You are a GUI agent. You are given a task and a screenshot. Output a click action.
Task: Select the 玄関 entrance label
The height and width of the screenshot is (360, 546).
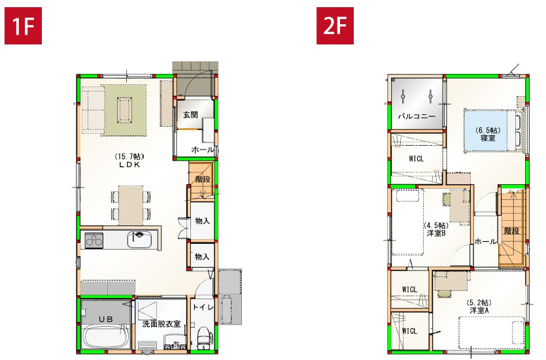coord(190,115)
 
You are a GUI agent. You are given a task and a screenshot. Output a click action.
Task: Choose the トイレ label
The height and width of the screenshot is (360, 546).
coord(203,306)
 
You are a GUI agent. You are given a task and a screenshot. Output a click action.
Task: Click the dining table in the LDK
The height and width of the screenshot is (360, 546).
coord(131,205)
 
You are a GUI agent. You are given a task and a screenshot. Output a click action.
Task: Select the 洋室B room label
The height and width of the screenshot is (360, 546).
coord(436,233)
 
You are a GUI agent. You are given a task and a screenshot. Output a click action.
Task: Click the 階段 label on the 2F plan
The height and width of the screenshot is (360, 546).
coord(511,231)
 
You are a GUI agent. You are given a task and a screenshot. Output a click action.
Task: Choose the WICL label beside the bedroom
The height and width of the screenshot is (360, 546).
coord(417,159)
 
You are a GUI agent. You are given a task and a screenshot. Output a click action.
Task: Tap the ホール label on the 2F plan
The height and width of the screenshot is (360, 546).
coord(485,241)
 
